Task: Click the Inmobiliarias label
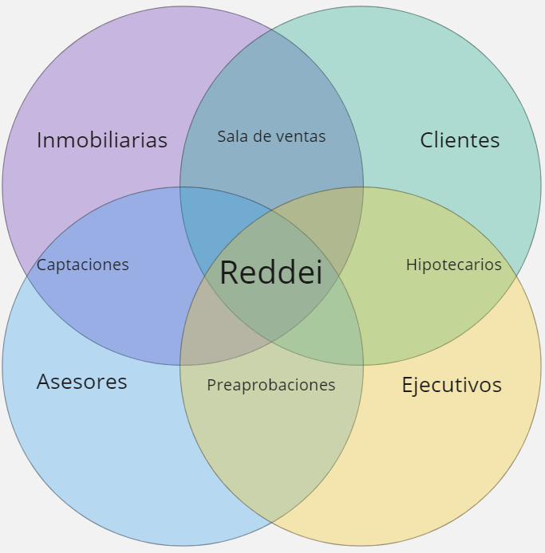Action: point(102,140)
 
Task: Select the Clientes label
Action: point(460,140)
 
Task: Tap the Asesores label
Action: point(82,382)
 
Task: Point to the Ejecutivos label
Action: point(451,385)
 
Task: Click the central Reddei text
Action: point(271,273)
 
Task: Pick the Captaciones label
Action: point(83,265)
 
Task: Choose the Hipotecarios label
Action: point(453,265)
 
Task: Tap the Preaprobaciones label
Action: point(271,385)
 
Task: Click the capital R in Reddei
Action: point(229,273)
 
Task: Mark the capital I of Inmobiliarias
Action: point(40,140)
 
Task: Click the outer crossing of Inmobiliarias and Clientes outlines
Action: point(271,29)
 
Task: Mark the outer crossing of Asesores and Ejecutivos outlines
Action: point(271,523)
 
